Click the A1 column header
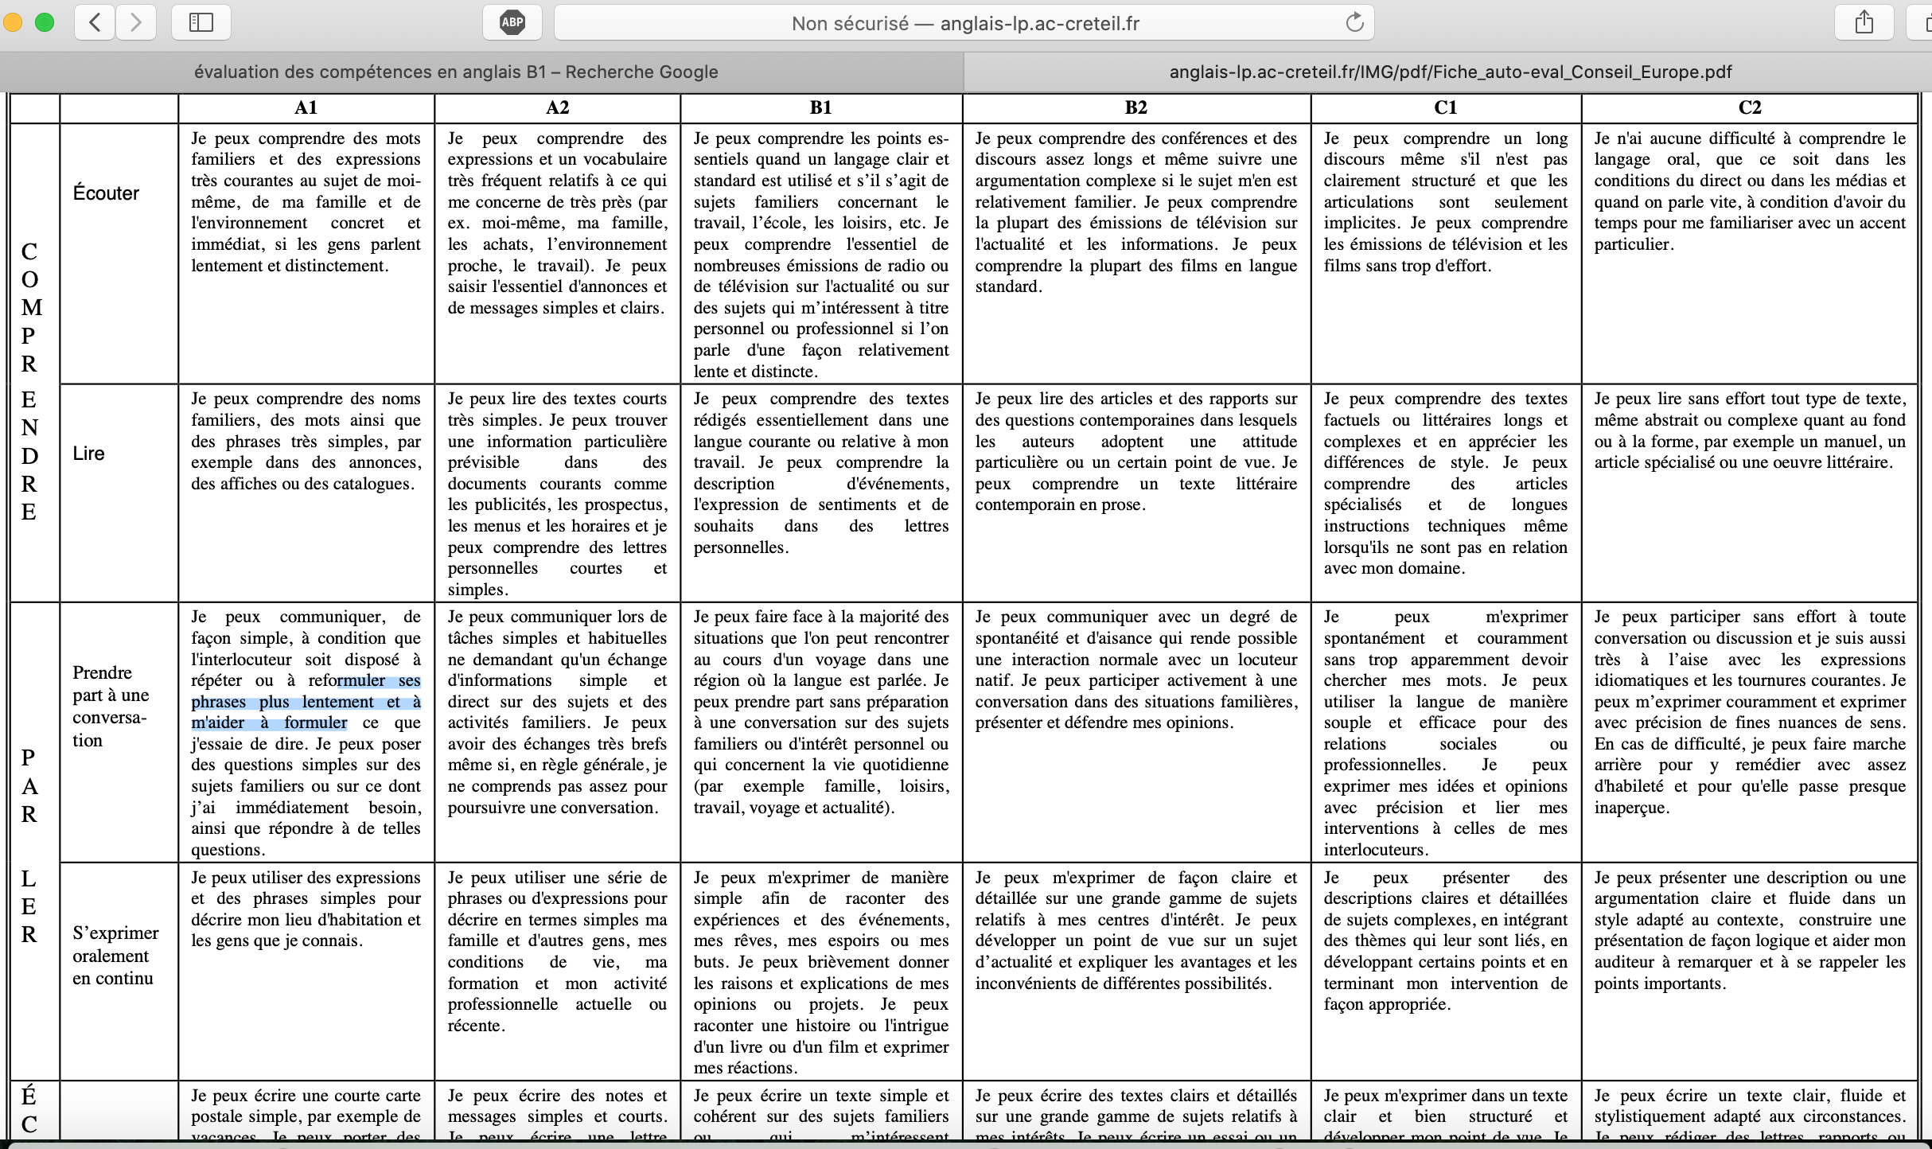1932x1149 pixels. click(x=306, y=107)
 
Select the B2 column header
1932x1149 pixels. click(x=1135, y=107)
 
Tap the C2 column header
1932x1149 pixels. click(x=1749, y=107)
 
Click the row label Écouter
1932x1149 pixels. click(x=106, y=193)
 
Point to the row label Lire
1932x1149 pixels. click(x=88, y=454)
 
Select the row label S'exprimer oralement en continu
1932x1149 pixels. click(x=115, y=955)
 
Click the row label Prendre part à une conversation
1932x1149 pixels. click(x=110, y=706)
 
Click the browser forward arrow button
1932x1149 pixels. click(x=136, y=22)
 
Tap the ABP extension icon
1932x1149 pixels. click(x=512, y=22)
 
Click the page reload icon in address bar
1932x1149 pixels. click(x=1354, y=22)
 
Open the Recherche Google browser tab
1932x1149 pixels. click(x=456, y=72)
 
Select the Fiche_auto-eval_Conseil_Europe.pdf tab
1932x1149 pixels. click(x=1450, y=72)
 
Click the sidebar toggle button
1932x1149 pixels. click(x=201, y=22)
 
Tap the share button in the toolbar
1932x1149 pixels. click(x=1864, y=22)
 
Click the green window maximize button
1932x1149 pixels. click(x=45, y=22)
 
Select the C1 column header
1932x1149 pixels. click(x=1445, y=107)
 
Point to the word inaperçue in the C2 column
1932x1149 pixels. click(x=1630, y=808)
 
